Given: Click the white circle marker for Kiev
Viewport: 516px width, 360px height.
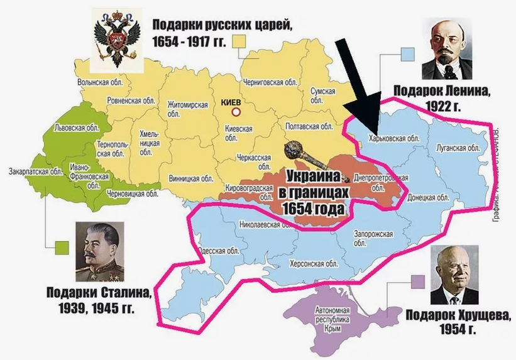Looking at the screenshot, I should pyautogui.click(x=237, y=112).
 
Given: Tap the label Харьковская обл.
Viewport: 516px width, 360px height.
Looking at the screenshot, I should pyautogui.click(x=393, y=138).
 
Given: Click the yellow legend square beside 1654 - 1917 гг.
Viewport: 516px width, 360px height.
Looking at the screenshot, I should pyautogui.click(x=239, y=41).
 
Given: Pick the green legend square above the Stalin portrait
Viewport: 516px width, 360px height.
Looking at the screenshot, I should pyautogui.click(x=61, y=248).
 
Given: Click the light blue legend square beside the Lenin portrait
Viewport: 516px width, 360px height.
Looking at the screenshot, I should pyautogui.click(x=407, y=54).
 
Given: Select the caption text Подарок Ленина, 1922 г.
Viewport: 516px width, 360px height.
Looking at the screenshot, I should pyautogui.click(x=439, y=98).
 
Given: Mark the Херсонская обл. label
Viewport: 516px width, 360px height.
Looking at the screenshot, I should pyautogui.click(x=310, y=264).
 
